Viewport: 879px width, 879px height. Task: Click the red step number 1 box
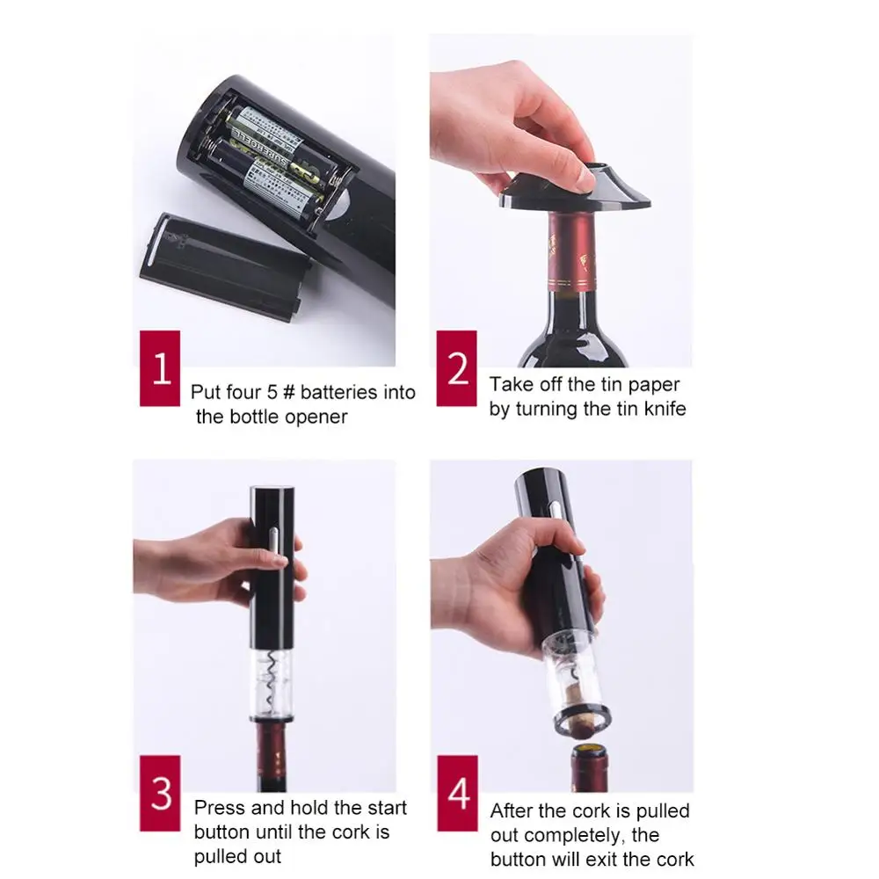tap(160, 368)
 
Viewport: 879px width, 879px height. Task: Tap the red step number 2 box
tap(457, 368)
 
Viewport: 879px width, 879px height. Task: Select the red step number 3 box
tap(160, 794)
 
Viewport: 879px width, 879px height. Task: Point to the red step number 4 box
tap(457, 794)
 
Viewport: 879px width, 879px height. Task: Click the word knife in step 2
tap(662, 409)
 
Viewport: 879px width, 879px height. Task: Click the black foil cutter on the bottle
tap(576, 189)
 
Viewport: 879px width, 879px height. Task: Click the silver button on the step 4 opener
tap(555, 509)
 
